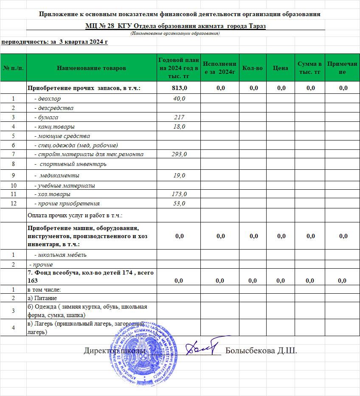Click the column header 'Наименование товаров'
coord(91,68)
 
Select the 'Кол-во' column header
coord(254,68)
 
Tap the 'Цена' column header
coord(281,68)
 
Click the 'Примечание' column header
coord(343,68)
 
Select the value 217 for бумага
coord(179,117)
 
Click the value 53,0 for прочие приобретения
coord(179,203)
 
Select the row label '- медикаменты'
coord(59,175)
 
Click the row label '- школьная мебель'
coord(60,255)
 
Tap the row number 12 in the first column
coord(13,203)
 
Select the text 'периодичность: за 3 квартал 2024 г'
coord(54,42)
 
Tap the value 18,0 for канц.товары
coord(179,126)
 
